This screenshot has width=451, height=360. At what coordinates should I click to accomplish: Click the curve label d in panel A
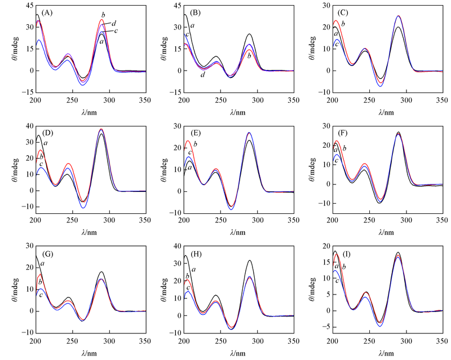(114, 23)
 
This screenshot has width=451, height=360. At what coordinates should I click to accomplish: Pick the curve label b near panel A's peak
(103, 14)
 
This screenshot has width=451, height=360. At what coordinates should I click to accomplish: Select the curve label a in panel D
(45, 143)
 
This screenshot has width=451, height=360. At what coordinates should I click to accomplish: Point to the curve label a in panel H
(194, 269)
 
